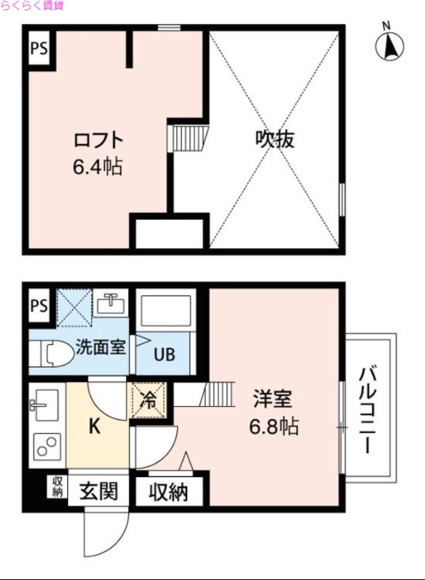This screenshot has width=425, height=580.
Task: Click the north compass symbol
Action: coord(389,44)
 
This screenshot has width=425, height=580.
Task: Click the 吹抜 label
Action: coord(274,139)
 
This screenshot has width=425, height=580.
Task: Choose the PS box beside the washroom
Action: coord(38,306)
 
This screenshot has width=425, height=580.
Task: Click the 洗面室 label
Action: coord(101,347)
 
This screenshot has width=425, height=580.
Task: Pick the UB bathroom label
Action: coord(163,355)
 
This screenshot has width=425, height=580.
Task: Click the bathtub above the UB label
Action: coord(164,311)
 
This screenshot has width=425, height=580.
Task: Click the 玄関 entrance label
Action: coord(98,492)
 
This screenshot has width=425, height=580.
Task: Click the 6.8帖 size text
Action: coord(274,426)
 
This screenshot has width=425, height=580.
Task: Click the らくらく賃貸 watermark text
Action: coord(33,6)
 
